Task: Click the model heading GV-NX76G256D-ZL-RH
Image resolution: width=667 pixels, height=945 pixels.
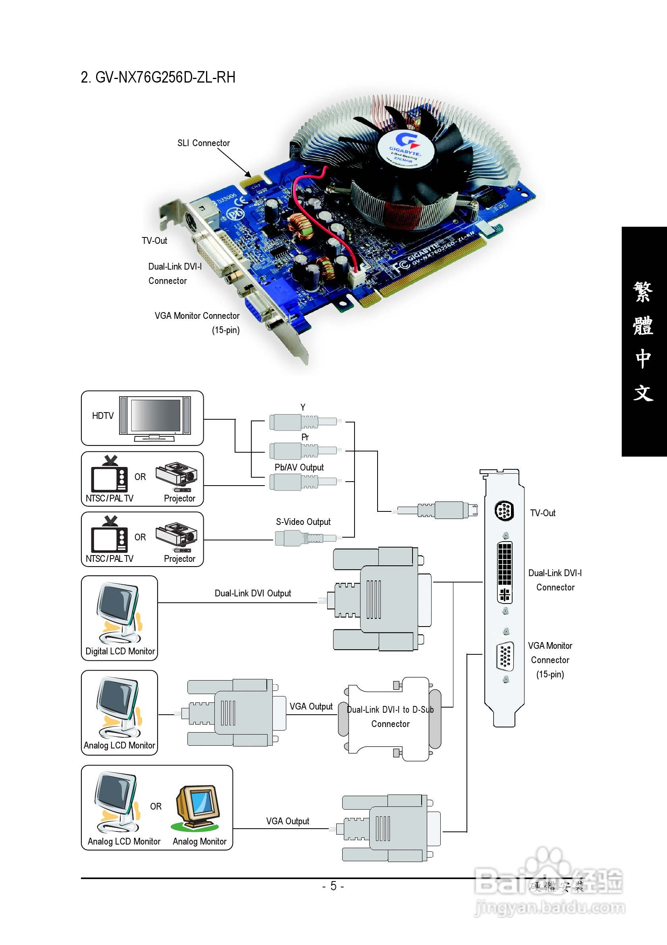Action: pos(158,77)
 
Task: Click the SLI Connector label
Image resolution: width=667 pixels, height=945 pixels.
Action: pos(203,143)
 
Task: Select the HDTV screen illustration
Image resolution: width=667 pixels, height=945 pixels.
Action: pos(156,416)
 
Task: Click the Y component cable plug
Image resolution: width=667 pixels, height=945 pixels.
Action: pos(303,422)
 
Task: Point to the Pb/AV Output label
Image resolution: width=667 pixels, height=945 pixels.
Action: pos(299,467)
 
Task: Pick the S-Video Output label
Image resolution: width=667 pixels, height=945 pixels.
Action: pos(303,521)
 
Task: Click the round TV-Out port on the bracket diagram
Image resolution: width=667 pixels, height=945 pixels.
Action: pos(504,511)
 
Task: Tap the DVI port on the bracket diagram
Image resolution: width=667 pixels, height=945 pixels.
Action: pos(505,572)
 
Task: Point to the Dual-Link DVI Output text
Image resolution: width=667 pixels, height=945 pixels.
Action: pos(253,593)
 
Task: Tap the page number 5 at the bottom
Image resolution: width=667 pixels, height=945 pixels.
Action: pos(333,886)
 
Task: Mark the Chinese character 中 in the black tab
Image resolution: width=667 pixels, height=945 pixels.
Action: pos(643,358)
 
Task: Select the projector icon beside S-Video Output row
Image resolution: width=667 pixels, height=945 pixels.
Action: pos(177,537)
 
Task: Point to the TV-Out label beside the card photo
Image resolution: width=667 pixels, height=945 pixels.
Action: pos(154,241)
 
